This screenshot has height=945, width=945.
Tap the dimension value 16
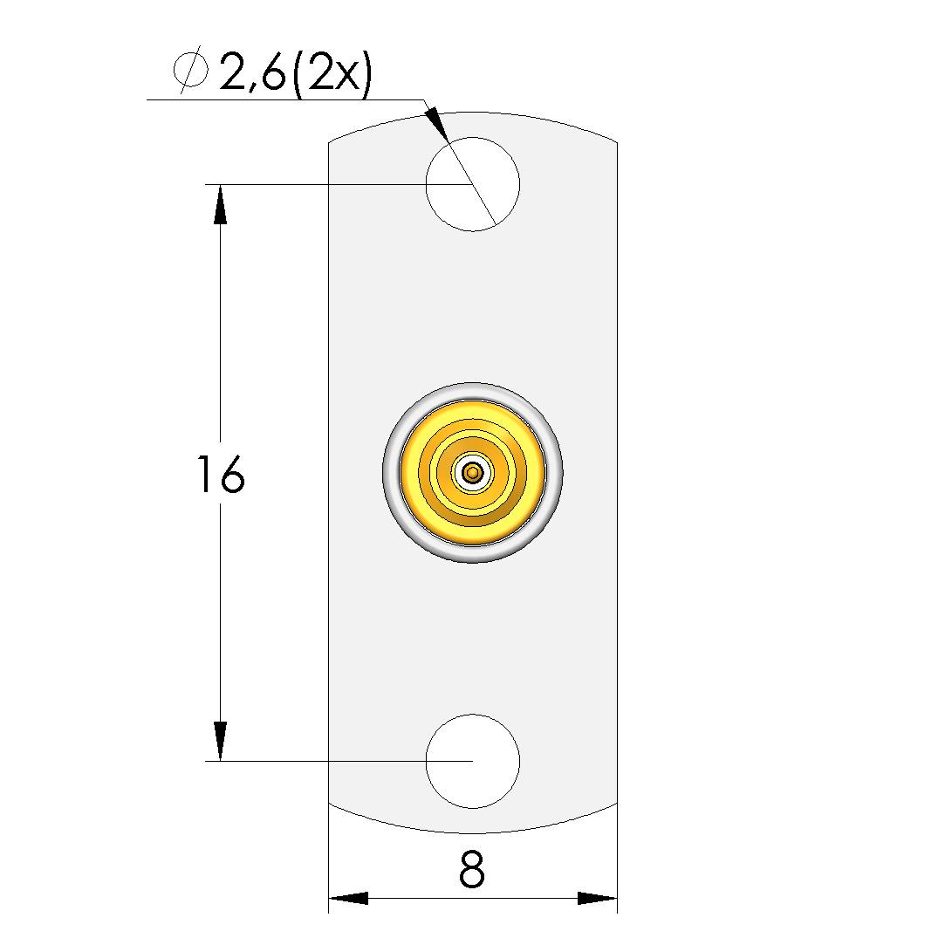click(221, 475)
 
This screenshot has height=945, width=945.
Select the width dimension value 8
click(471, 870)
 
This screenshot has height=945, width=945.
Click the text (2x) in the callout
click(332, 73)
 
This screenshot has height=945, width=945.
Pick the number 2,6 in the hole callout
click(252, 72)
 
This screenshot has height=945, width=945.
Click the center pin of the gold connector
click(473, 473)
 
